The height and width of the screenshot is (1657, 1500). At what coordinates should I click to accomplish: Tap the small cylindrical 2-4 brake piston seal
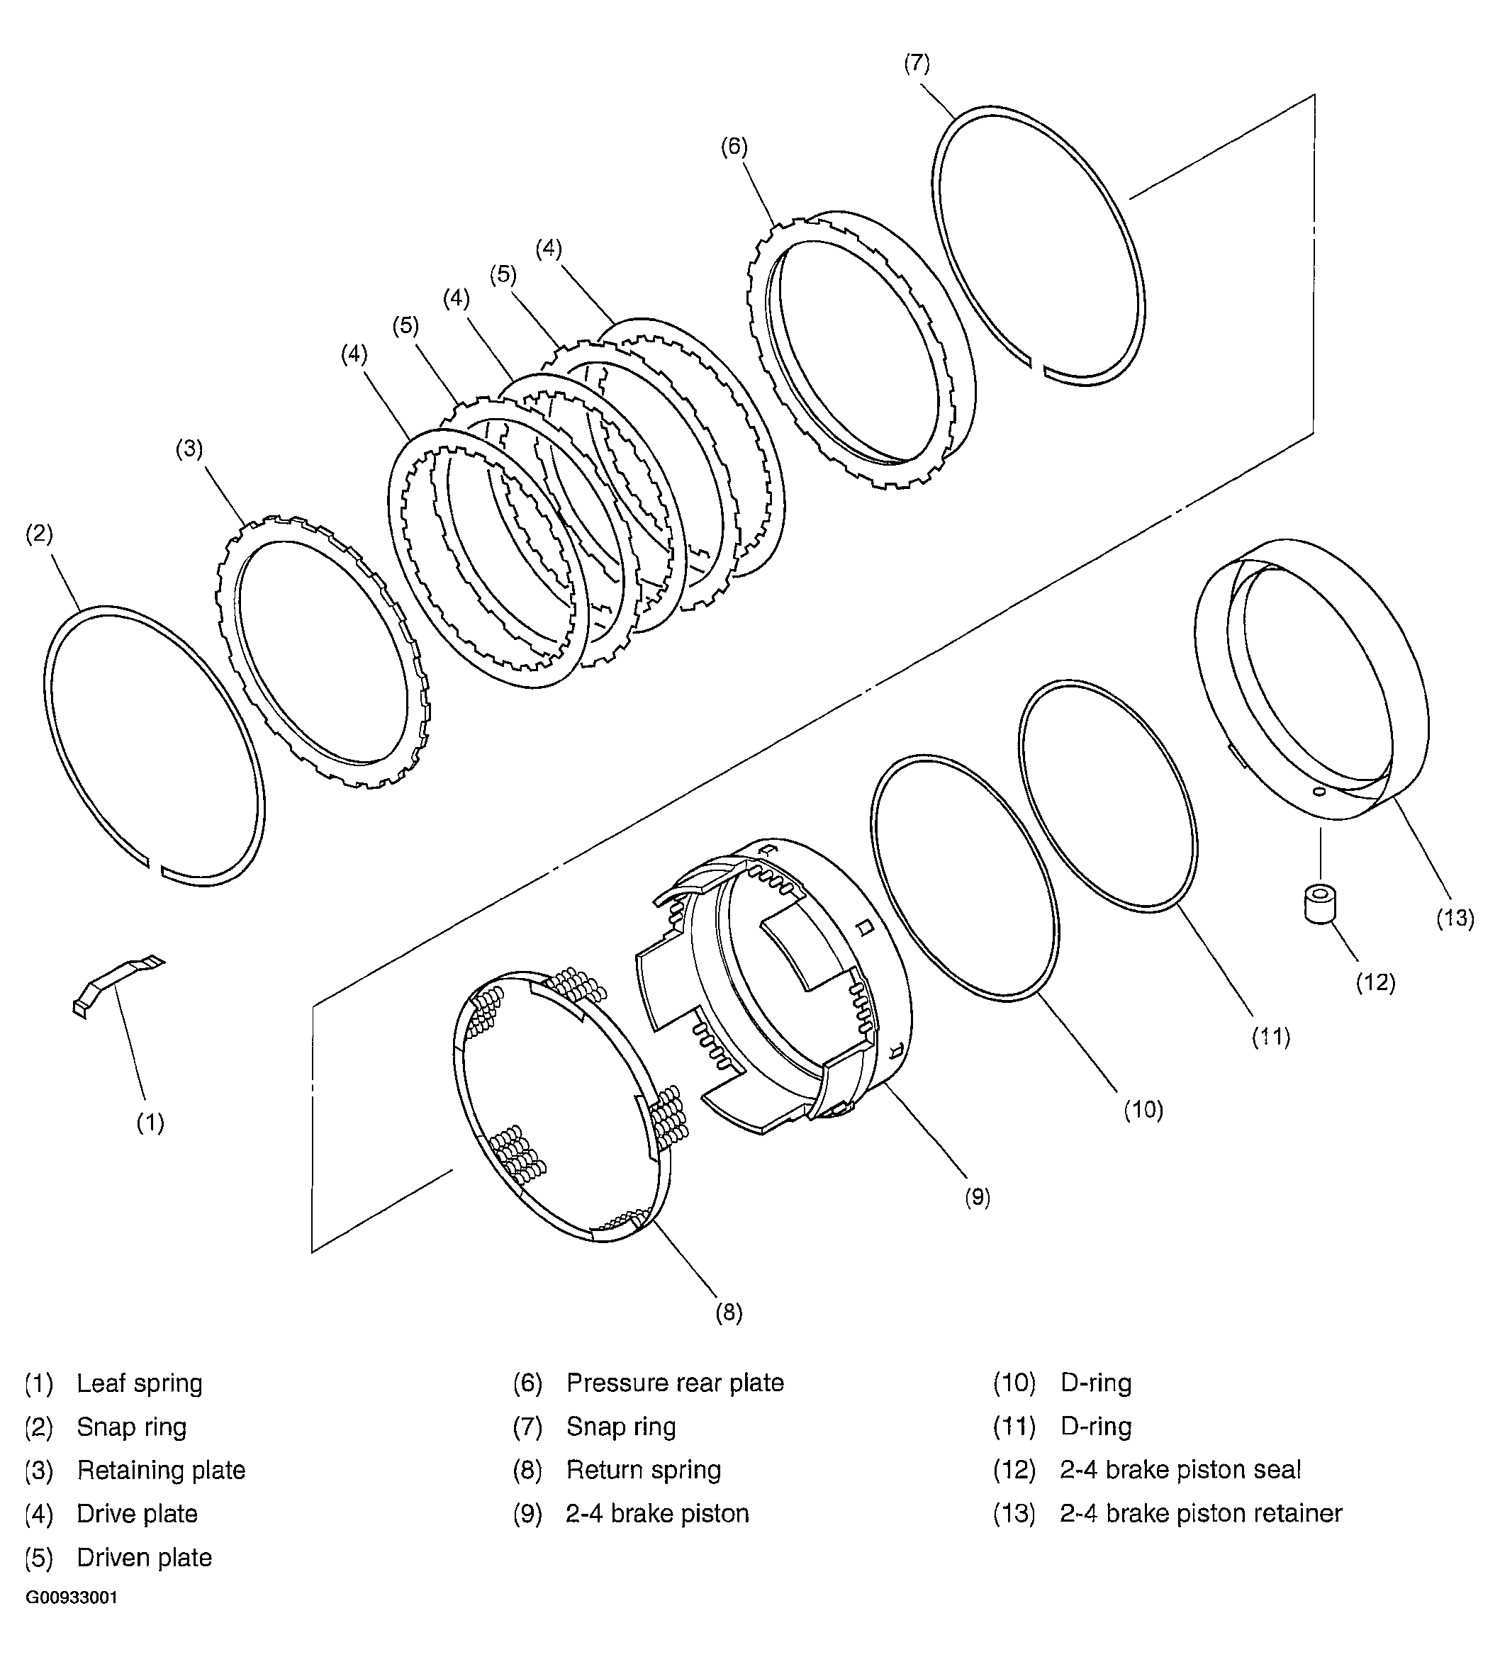pyautogui.click(x=1320, y=904)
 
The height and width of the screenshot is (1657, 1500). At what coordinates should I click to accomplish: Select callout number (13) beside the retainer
pyautogui.click(x=1455, y=917)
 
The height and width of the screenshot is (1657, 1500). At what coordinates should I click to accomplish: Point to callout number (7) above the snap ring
pyautogui.click(x=917, y=63)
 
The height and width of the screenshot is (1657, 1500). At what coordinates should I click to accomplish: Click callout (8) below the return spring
pyautogui.click(x=728, y=1313)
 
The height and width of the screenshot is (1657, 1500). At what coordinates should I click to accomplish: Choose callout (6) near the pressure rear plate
pyautogui.click(x=734, y=147)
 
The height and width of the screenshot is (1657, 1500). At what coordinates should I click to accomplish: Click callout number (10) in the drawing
pyautogui.click(x=1143, y=1110)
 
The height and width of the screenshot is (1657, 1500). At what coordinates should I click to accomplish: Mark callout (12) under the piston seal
pyautogui.click(x=1376, y=982)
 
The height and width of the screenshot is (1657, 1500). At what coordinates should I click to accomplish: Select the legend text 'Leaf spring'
pyautogui.click(x=140, y=1383)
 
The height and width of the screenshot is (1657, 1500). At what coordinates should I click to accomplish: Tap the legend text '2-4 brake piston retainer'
pyautogui.click(x=1201, y=1513)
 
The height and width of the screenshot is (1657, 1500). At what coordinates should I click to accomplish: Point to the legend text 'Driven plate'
pyautogui.click(x=144, y=1558)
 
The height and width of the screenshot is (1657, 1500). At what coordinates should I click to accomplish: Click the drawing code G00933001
pyautogui.click(x=72, y=1621)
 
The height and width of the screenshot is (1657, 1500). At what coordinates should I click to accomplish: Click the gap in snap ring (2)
pyautogui.click(x=154, y=865)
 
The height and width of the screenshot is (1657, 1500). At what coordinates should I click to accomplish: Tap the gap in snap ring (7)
pyautogui.click(x=1036, y=366)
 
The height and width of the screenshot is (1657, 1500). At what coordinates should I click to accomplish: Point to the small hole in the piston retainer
pyautogui.click(x=1319, y=792)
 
